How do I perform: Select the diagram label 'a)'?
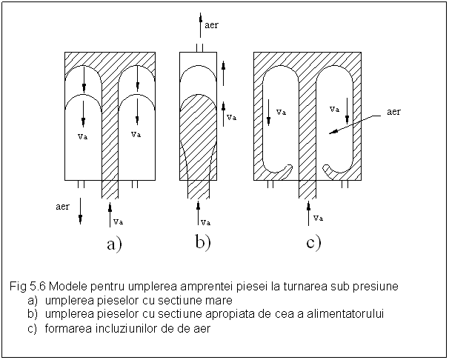point(114,245)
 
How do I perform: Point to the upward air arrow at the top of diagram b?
point(199,26)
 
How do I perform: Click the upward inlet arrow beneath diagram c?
point(308,212)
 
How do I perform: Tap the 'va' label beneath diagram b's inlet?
point(206,221)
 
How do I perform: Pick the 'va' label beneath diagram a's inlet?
point(118,221)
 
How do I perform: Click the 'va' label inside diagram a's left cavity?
point(83,136)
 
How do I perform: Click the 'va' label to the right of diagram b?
point(231,116)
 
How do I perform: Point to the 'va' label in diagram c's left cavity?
point(281,112)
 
